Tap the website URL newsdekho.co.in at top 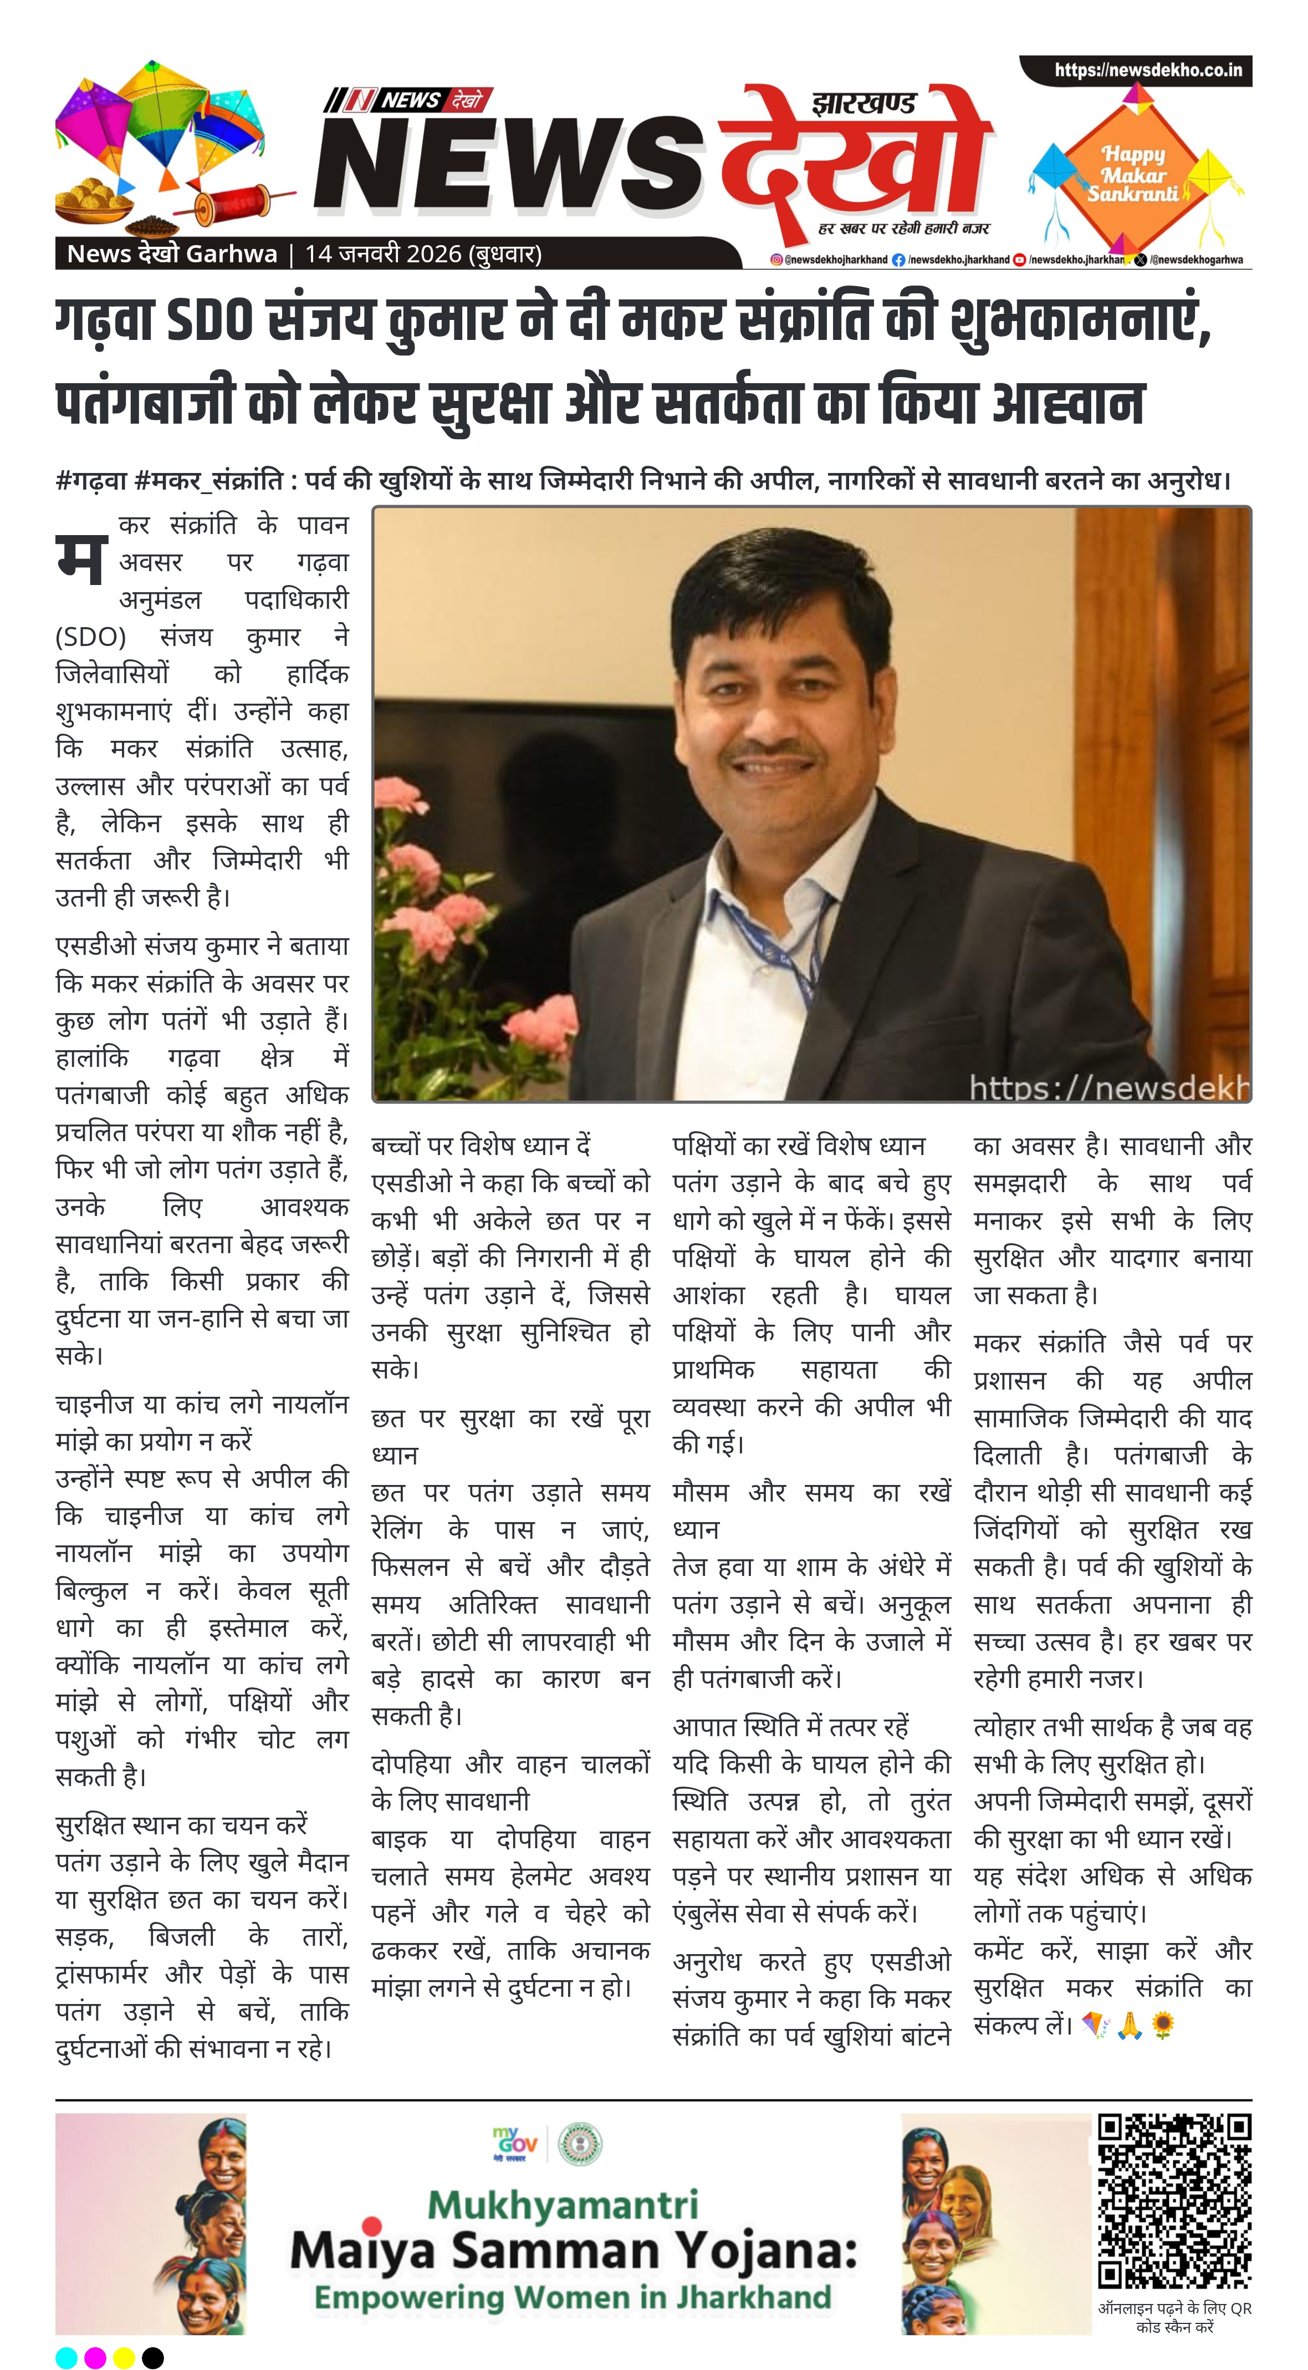(x=1148, y=70)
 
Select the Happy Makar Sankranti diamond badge (x=1133, y=175)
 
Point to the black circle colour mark (x=152, y=2358)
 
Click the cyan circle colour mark (x=66, y=2358)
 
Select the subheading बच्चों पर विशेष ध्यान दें (x=480, y=1146)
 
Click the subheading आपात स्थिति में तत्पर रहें (x=790, y=1727)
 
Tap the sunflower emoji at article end (x=1163, y=2025)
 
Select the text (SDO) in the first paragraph (x=90, y=637)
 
